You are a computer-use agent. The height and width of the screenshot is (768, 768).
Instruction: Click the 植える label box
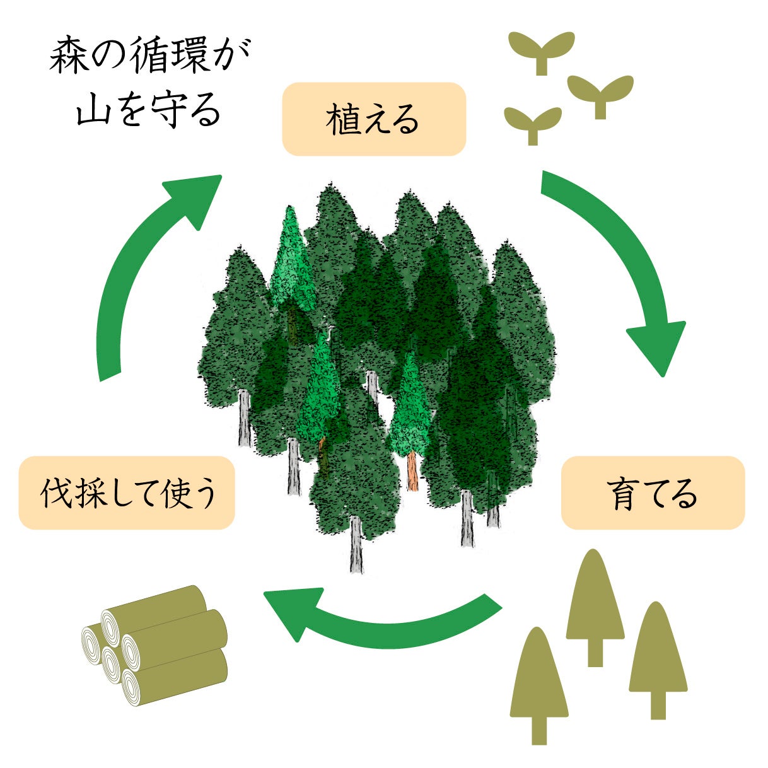[373, 119]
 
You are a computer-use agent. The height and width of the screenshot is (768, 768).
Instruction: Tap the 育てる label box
[653, 493]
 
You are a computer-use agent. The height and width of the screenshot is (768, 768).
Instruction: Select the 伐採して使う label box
[127, 493]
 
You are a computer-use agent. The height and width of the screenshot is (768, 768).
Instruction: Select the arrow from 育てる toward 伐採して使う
[378, 621]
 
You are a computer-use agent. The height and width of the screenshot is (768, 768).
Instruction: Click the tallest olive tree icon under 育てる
[595, 605]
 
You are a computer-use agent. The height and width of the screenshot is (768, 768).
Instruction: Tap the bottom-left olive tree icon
[538, 684]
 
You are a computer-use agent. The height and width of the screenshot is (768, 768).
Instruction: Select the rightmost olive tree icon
[658, 659]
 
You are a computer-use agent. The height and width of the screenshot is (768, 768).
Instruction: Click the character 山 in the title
[93, 110]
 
